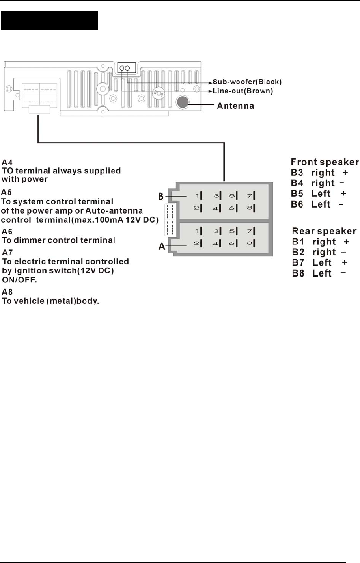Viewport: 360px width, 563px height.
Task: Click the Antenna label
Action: (x=235, y=106)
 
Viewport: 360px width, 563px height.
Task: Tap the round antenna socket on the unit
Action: (x=182, y=102)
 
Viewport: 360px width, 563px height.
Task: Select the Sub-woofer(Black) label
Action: (x=247, y=82)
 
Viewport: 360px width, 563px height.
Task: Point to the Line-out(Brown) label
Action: (x=242, y=91)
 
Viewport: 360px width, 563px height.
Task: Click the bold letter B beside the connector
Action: (x=161, y=196)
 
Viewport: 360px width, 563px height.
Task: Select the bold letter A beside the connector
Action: (x=162, y=247)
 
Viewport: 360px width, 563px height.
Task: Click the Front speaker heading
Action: (x=325, y=162)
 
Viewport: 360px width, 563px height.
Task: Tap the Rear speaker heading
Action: (x=324, y=231)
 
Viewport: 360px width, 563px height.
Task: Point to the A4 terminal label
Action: (x=7, y=162)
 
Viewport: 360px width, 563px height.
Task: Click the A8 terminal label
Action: (x=7, y=292)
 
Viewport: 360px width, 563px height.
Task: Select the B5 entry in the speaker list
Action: (x=297, y=193)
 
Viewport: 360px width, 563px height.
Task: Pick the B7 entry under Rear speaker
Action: (x=298, y=262)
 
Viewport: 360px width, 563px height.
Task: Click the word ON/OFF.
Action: (x=19, y=280)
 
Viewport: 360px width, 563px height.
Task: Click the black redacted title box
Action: (x=49, y=21)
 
